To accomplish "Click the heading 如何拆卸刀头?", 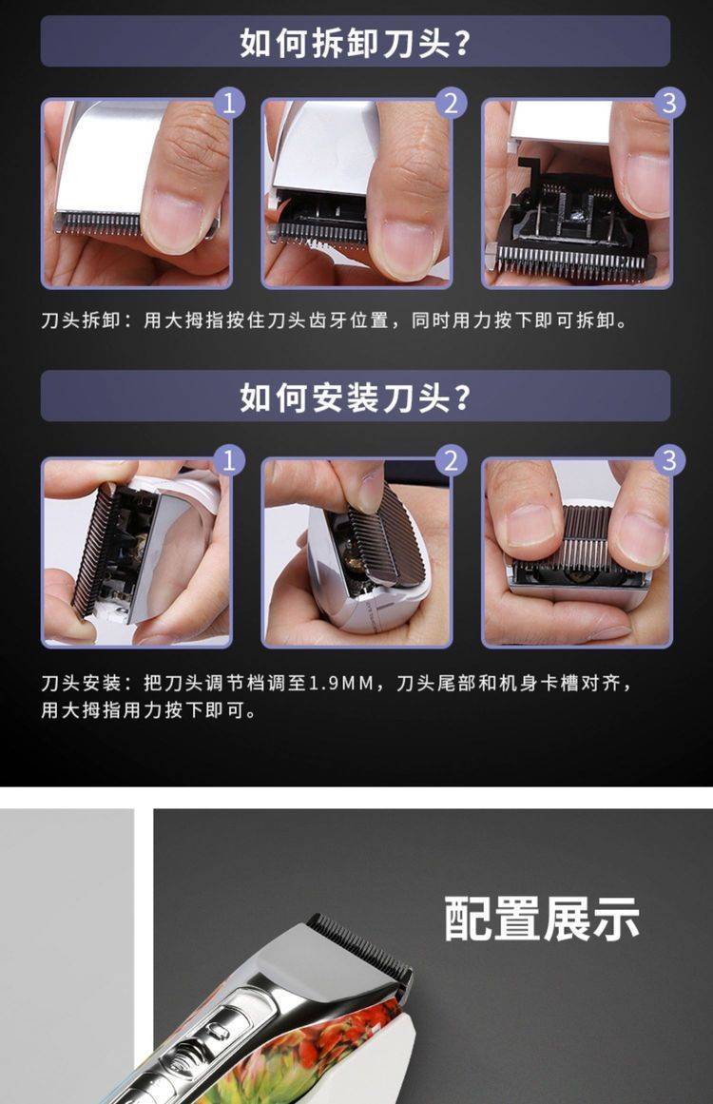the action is pos(355,43).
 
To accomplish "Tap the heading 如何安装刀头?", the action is pos(355,397).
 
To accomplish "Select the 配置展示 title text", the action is pos(542,919).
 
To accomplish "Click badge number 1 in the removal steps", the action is pos(228,104).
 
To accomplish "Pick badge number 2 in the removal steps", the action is pos(451,104).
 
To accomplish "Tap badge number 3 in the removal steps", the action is pos(668,104).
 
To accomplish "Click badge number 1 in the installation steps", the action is pos(228,460).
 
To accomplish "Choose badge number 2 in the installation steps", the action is pos(451,460).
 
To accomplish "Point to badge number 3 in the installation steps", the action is pos(668,460).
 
